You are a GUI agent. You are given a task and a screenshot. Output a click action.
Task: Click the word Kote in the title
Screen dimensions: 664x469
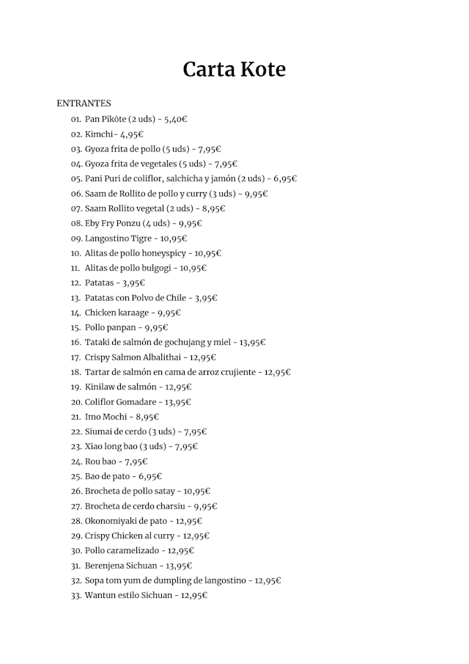pyautogui.click(x=262, y=70)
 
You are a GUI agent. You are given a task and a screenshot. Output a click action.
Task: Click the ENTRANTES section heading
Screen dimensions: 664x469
pyautogui.click(x=84, y=103)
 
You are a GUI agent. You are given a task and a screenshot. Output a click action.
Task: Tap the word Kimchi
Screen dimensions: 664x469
pyautogui.click(x=99, y=134)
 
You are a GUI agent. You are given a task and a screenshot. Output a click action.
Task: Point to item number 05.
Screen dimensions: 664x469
pyautogui.click(x=76, y=178)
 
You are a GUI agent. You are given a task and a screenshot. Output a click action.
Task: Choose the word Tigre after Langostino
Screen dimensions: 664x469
pyautogui.click(x=139, y=238)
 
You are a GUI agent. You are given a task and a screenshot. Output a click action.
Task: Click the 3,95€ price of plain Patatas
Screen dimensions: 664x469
pyautogui.click(x=133, y=283)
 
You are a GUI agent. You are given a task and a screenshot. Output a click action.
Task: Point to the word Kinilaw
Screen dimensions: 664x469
pyautogui.click(x=100, y=387)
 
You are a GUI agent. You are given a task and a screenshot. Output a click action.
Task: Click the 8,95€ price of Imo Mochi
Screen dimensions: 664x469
pyautogui.click(x=147, y=417)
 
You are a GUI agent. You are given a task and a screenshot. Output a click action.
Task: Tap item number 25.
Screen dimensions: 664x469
pyautogui.click(x=76, y=476)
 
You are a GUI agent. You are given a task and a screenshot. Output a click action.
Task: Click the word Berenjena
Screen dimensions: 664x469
pyautogui.click(x=106, y=566)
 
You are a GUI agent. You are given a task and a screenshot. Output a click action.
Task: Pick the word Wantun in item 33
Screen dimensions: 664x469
pyautogui.click(x=101, y=595)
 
